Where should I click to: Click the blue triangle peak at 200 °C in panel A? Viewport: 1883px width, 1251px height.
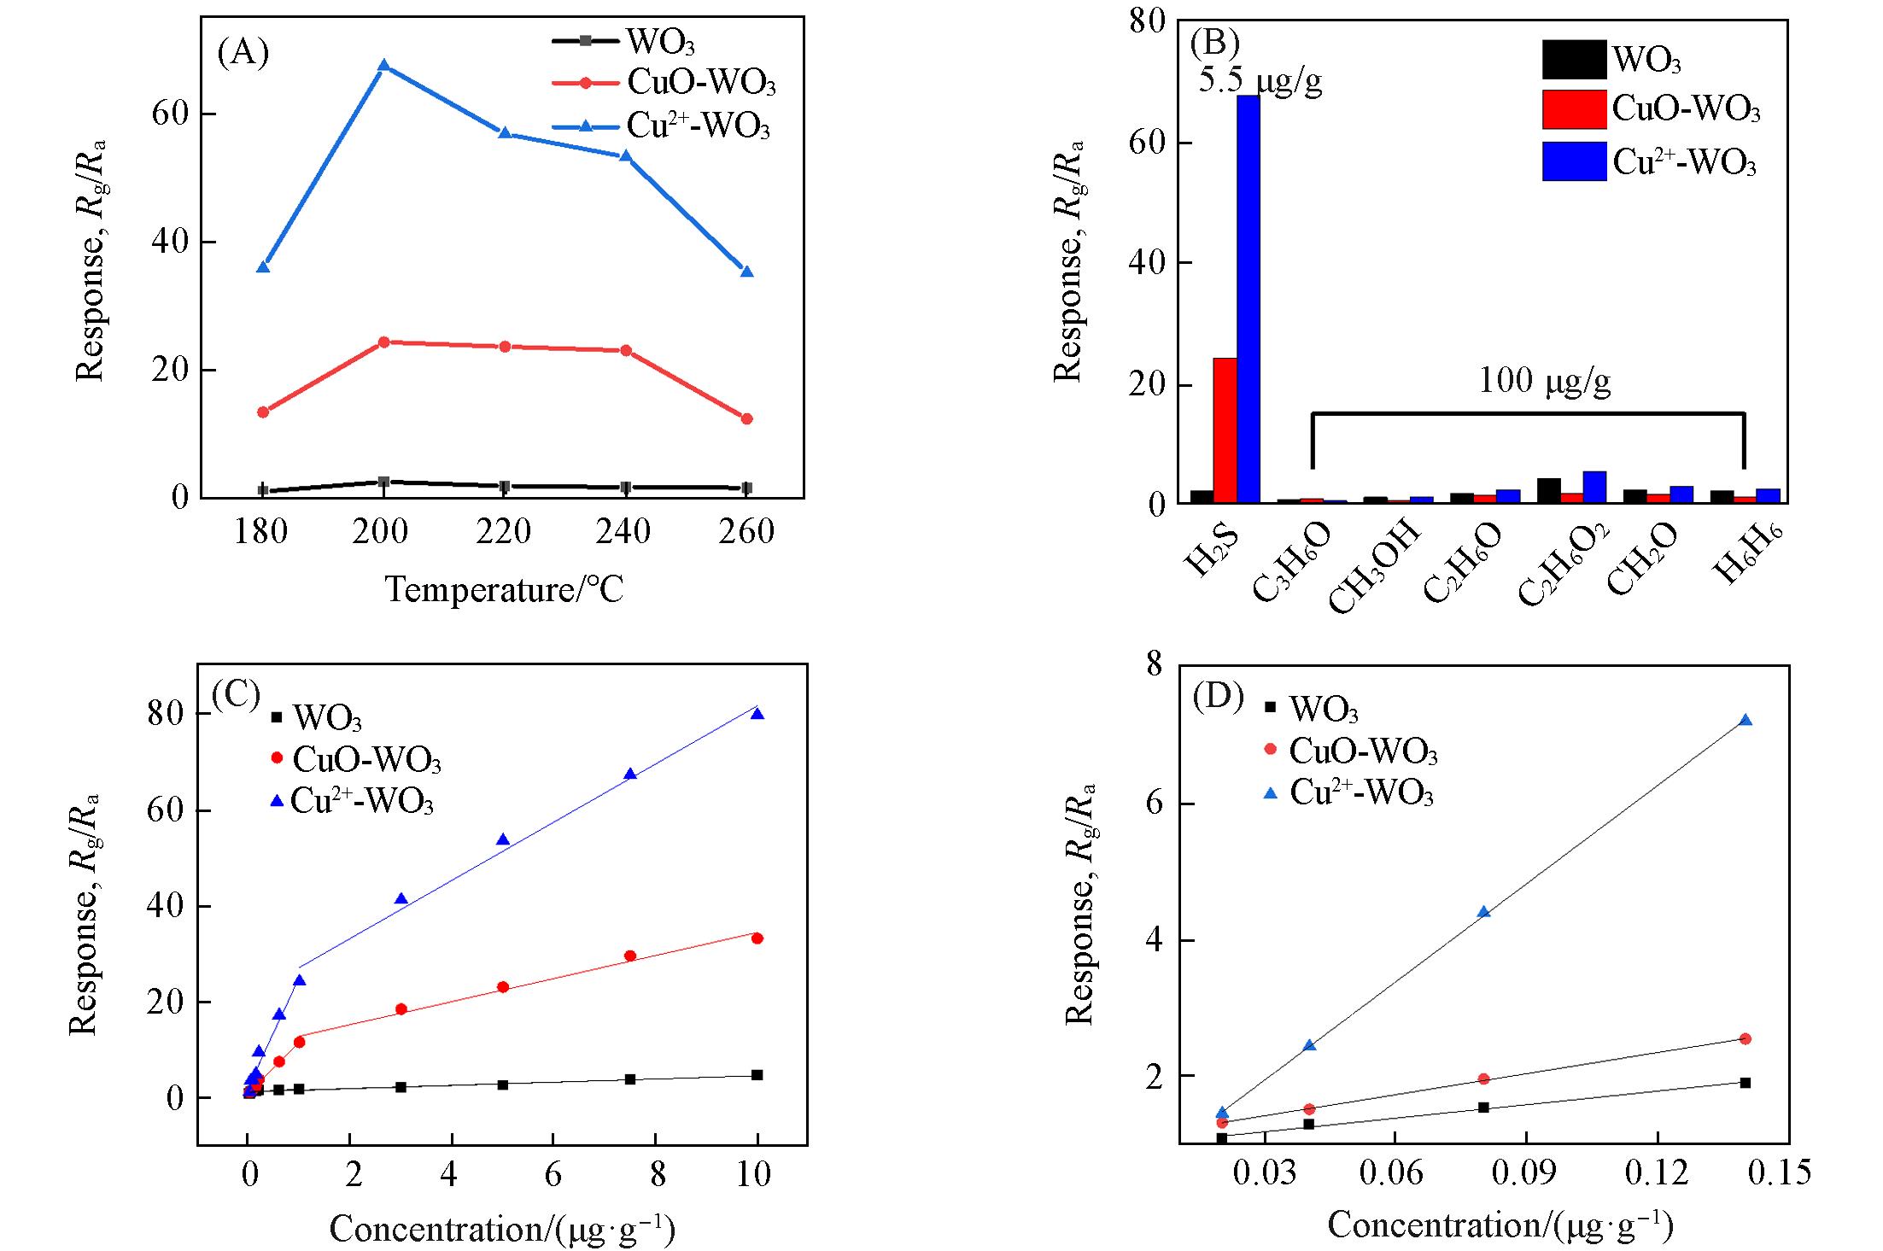coord(383,66)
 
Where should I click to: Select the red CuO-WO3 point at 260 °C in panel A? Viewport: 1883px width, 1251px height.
coord(746,418)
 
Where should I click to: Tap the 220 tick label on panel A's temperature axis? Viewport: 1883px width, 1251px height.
coord(503,532)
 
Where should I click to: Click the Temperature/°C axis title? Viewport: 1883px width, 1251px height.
coord(504,589)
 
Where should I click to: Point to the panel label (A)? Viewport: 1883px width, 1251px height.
coord(243,52)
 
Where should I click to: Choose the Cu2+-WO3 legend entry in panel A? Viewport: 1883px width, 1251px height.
coord(698,126)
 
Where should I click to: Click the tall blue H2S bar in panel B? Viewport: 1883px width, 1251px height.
coord(1248,298)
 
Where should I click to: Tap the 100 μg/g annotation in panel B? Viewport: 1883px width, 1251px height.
coord(1544,380)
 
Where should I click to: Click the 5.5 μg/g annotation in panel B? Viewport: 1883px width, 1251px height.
coord(1260,79)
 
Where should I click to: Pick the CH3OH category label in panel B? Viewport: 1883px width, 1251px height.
coord(1376,567)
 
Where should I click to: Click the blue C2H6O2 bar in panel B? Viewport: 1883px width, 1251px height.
coord(1594,487)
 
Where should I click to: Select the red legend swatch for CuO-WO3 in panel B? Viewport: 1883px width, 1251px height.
coord(1574,109)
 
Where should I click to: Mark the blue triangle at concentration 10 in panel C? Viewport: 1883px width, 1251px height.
coord(757,714)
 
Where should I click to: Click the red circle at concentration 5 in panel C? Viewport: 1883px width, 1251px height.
coord(503,987)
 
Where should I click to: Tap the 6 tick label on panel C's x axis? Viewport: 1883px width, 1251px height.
coord(553,1174)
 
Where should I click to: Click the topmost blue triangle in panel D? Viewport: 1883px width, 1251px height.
coord(1746,720)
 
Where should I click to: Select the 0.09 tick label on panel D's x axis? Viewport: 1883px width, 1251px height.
coord(1524,1172)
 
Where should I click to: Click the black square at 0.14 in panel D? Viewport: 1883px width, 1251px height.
coord(1746,1083)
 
